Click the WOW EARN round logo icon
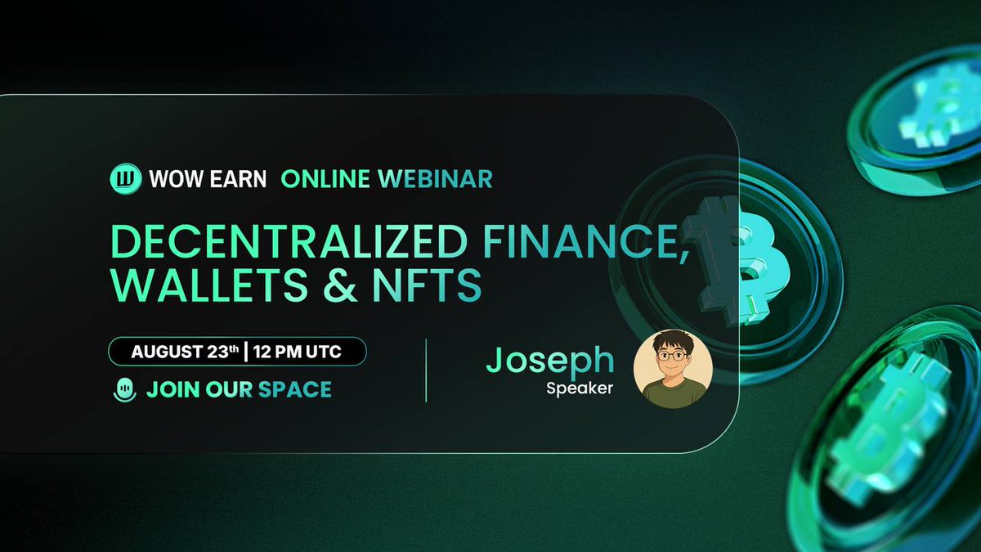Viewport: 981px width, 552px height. (125, 178)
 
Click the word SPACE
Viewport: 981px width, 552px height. (295, 389)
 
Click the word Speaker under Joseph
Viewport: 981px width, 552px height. (580, 389)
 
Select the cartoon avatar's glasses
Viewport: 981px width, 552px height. (673, 357)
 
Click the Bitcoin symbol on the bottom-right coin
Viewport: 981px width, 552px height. (891, 425)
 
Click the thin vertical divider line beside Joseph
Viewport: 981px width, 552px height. (427, 370)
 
